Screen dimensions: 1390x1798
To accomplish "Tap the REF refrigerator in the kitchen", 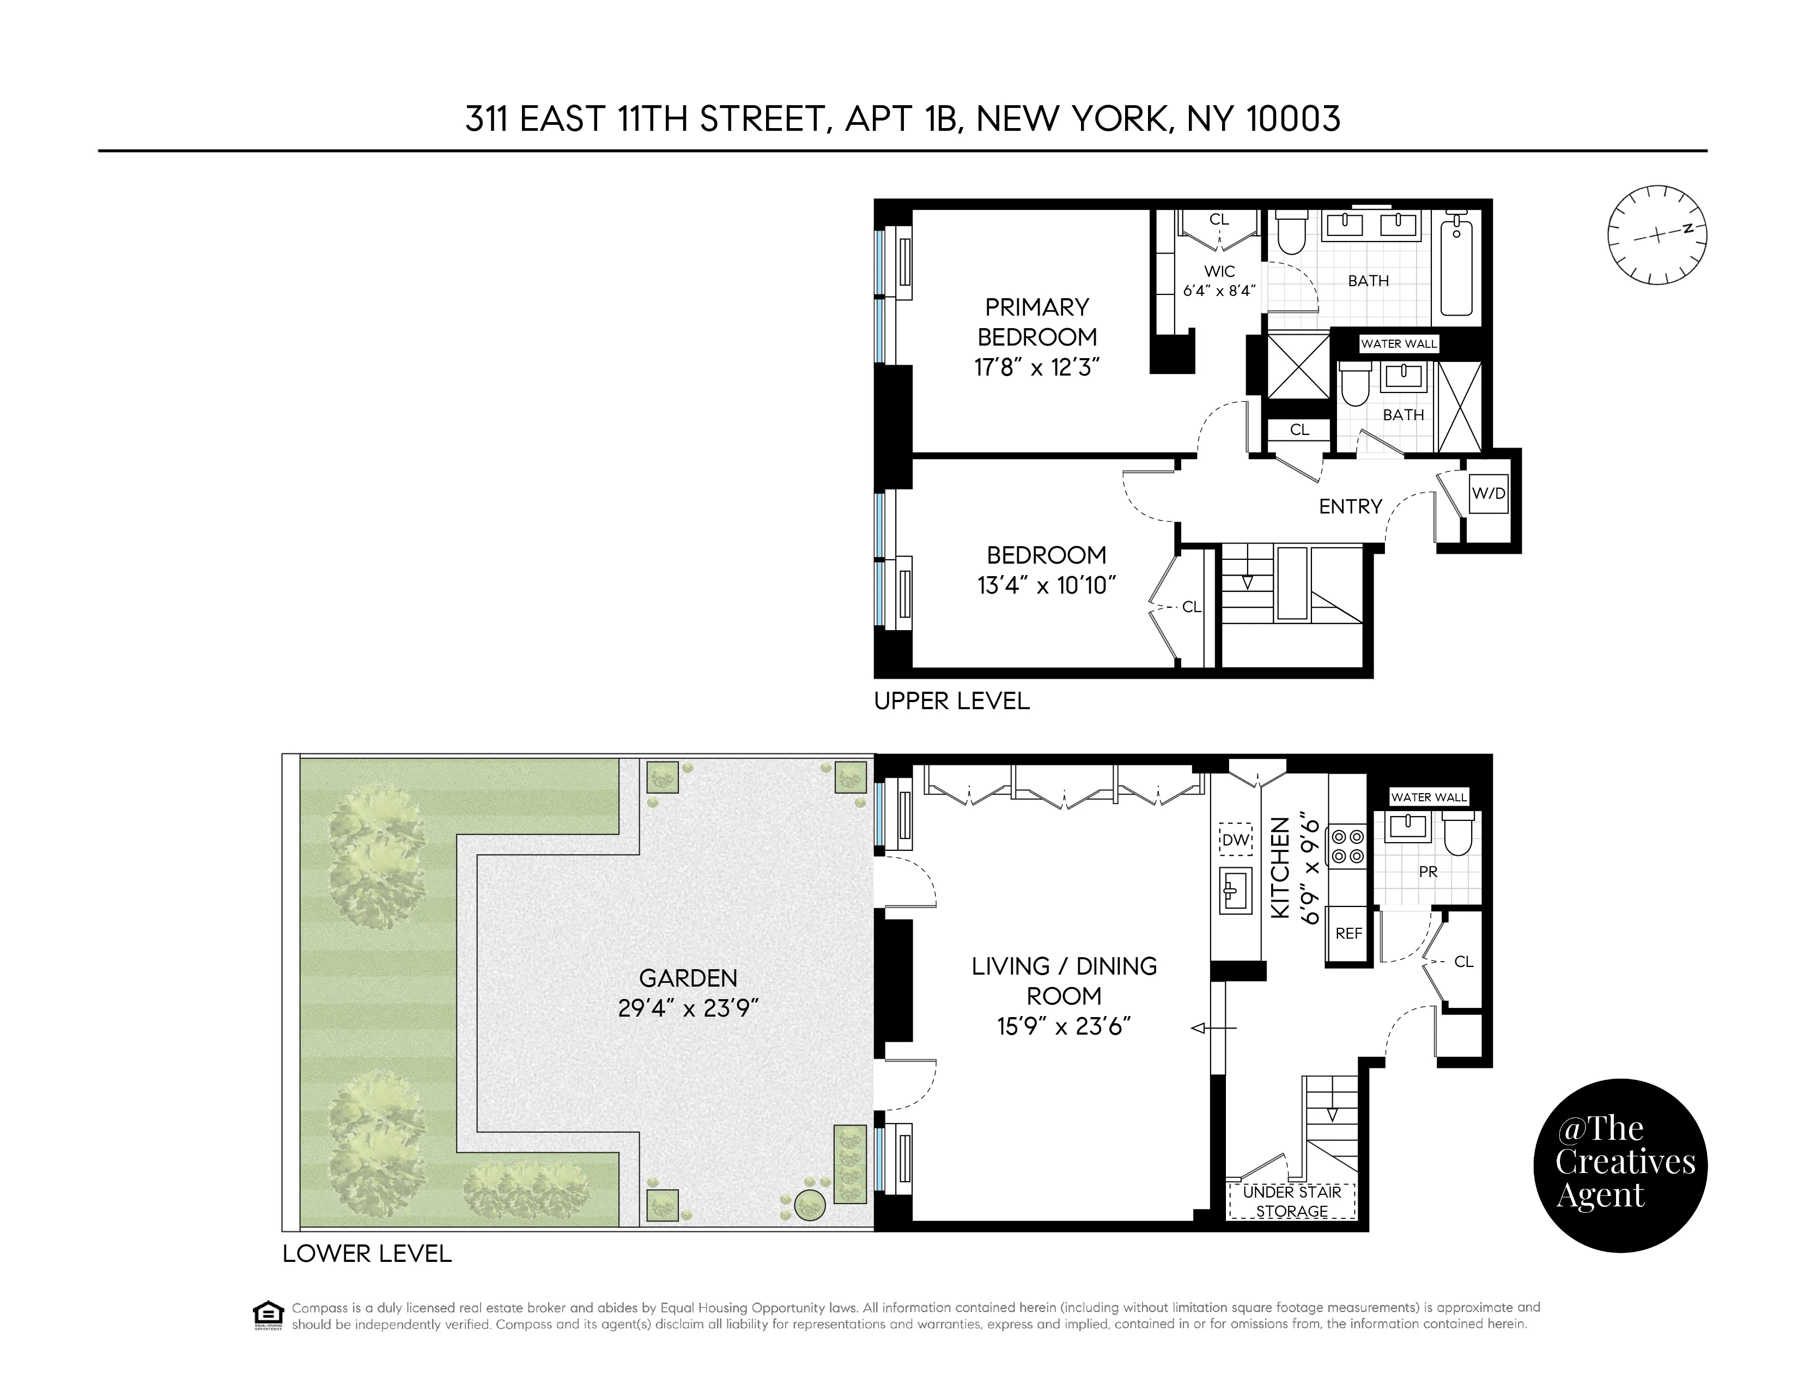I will pos(1348,934).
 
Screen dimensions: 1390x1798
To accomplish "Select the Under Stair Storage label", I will pos(1292,1201).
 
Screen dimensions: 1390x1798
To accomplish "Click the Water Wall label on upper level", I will pos(1398,344).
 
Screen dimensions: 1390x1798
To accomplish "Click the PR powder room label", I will pos(1429,871).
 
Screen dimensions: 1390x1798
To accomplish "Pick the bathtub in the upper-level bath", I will pos(1457,263).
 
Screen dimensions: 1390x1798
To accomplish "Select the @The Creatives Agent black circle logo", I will pos(1620,1165).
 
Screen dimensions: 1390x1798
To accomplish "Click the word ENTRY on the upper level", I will pos(1350,506).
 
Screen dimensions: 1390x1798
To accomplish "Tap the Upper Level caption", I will pos(952,701).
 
